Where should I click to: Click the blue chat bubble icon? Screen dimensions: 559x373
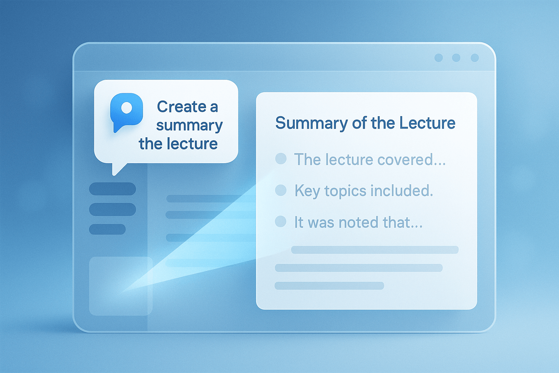point(126,112)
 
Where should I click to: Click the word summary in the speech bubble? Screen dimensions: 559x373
point(189,126)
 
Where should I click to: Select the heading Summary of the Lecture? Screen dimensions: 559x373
point(365,123)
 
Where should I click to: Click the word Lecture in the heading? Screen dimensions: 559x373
point(427,123)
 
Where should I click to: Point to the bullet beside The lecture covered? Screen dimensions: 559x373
point(281,159)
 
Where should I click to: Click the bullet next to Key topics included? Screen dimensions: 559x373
point(281,190)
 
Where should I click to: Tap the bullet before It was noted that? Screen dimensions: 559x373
point(281,221)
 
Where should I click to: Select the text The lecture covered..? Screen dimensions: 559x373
point(370,160)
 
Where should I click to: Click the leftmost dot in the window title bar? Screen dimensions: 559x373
point(439,58)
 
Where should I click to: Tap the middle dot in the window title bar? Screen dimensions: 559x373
point(456,58)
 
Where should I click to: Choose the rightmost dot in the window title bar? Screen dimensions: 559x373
point(475,58)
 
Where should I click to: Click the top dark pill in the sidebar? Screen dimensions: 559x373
point(112,189)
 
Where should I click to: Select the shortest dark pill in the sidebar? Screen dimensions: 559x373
point(107,229)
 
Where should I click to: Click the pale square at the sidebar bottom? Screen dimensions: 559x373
point(121,286)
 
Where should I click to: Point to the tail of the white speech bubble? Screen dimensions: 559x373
point(114,174)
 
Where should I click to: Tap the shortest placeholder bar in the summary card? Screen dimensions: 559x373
point(329,286)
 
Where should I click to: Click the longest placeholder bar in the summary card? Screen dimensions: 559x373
point(375,250)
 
